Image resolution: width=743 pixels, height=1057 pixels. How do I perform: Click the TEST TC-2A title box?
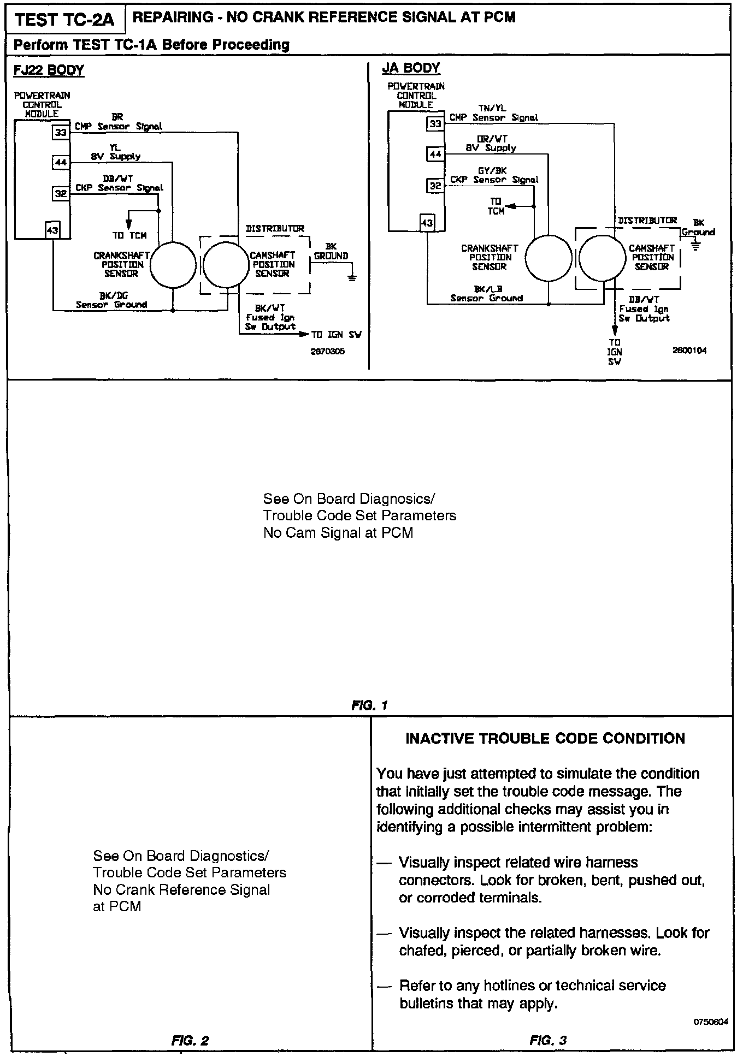(x=64, y=20)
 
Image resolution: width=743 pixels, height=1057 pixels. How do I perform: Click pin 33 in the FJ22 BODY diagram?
(x=61, y=133)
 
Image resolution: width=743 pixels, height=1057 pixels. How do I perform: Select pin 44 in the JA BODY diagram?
(x=435, y=155)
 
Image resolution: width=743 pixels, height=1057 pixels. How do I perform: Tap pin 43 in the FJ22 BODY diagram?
(x=52, y=231)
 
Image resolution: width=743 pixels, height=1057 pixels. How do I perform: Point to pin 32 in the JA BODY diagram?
(x=435, y=186)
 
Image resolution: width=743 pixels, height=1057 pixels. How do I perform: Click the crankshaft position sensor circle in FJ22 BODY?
(x=173, y=265)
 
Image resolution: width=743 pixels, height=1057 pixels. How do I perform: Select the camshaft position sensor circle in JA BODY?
(x=602, y=259)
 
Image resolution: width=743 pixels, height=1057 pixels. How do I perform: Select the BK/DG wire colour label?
(x=117, y=295)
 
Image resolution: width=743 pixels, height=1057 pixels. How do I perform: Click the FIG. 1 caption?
(x=370, y=705)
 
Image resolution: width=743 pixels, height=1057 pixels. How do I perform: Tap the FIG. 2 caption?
(x=190, y=1041)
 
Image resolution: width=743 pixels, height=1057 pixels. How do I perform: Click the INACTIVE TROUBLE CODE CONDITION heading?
(x=545, y=739)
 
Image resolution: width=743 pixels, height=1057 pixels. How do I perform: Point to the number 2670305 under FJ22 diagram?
(x=328, y=352)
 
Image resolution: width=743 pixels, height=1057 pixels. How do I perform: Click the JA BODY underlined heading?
(x=411, y=68)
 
